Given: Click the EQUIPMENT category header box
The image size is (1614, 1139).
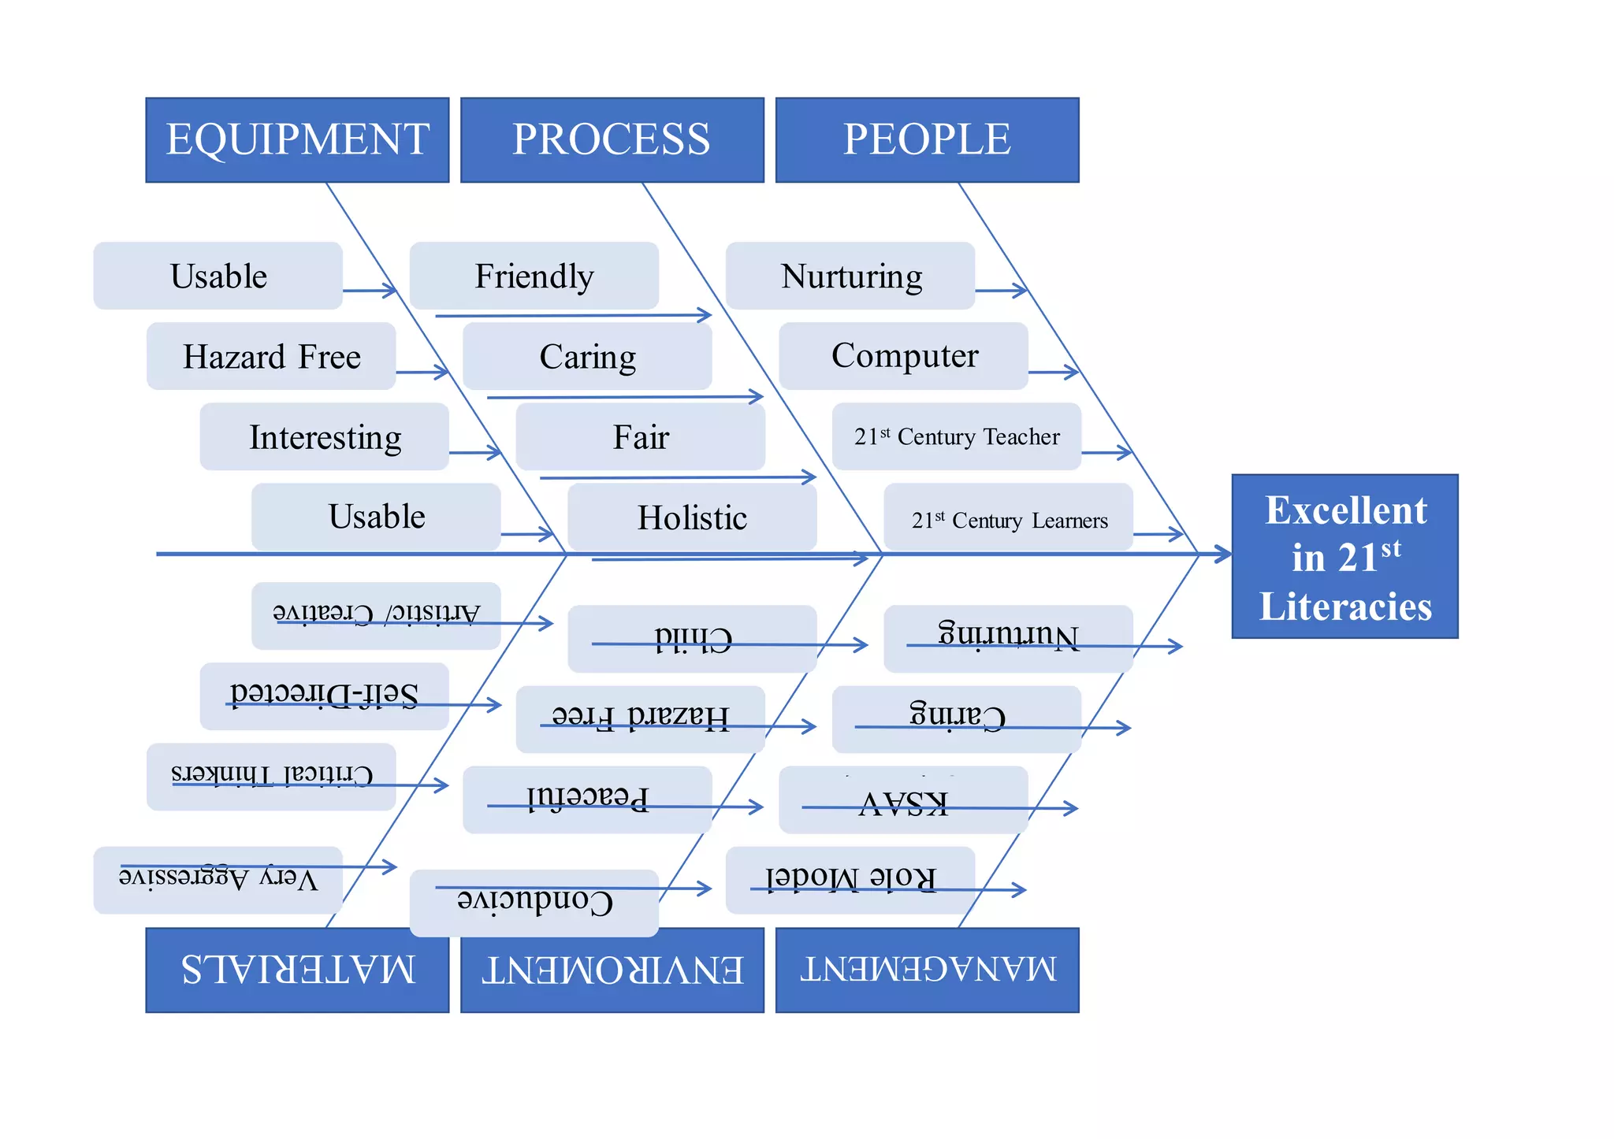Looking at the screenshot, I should (x=297, y=140).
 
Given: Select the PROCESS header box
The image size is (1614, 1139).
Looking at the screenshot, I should (x=612, y=140).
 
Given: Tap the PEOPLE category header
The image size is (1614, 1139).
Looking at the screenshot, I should (x=927, y=140).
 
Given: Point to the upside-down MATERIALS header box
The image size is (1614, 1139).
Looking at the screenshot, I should (x=297, y=970).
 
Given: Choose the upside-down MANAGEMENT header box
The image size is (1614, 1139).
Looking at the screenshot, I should (x=927, y=970).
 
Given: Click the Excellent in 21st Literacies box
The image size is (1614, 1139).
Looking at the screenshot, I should (x=1344, y=556).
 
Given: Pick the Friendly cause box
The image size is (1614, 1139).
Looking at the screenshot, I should (x=534, y=276).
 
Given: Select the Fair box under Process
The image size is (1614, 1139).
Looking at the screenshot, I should (x=640, y=436).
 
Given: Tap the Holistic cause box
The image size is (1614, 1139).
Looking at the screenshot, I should (x=692, y=517).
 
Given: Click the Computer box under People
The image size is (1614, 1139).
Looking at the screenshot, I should (x=903, y=356).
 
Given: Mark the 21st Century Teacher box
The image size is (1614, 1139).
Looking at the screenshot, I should (x=956, y=436).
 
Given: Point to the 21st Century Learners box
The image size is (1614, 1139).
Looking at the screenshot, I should (x=1008, y=517).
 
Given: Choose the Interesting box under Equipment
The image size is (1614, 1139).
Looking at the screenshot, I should (x=324, y=436).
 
